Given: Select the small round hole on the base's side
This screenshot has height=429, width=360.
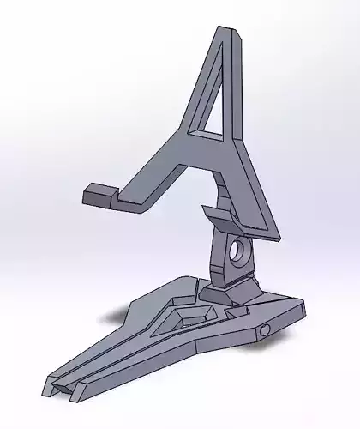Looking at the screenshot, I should (265, 329).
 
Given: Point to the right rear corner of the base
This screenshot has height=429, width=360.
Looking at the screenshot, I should (303, 303).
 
